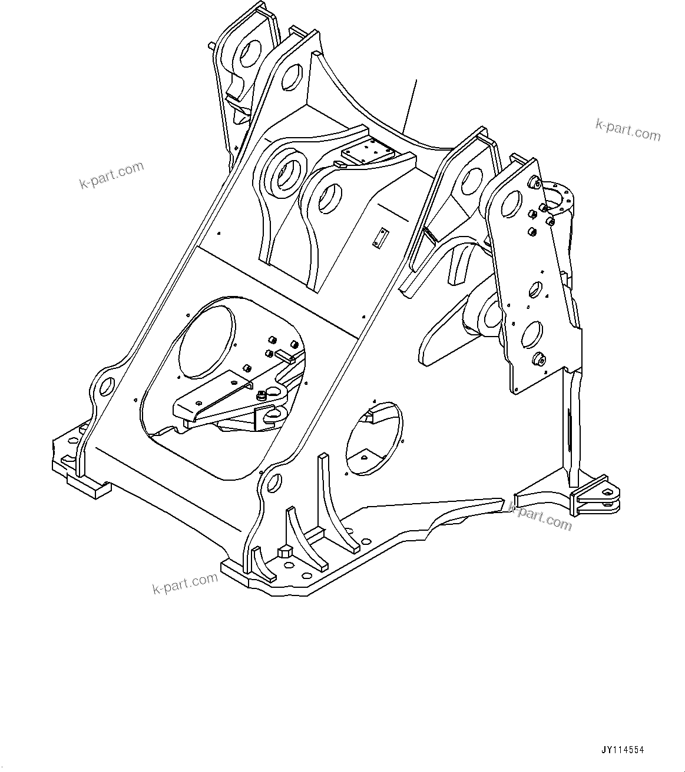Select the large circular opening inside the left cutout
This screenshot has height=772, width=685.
tap(207, 341)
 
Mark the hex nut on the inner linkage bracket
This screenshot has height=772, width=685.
tap(261, 396)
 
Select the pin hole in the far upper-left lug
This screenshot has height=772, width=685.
tap(253, 54)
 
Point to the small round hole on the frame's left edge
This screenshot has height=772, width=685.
tap(107, 387)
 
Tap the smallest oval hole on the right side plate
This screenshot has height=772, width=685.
tap(535, 289)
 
